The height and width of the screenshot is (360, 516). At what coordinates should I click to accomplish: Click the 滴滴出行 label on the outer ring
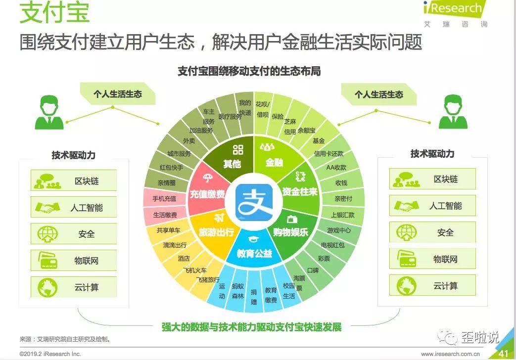(175, 245)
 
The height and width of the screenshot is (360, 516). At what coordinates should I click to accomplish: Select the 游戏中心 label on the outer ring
(339, 230)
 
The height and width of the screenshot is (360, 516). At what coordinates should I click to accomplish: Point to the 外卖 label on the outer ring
(188, 141)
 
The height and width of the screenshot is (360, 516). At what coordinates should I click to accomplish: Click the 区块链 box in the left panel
(74, 180)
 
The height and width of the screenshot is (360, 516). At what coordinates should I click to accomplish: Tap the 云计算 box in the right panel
(432, 286)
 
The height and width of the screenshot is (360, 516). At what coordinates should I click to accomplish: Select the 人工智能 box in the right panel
(432, 206)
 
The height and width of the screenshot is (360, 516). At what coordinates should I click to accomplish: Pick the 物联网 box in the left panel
(74, 260)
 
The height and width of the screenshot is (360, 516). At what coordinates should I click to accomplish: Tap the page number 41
(503, 353)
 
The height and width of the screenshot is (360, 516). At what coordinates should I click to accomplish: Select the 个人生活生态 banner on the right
(378, 94)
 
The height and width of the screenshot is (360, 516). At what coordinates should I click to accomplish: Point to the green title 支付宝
(54, 13)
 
